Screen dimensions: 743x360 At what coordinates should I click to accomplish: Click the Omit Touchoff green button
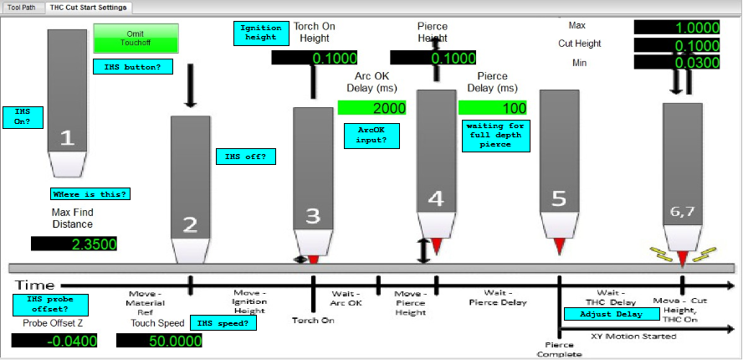click(136, 38)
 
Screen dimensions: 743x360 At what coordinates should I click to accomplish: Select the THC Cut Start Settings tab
click(88, 8)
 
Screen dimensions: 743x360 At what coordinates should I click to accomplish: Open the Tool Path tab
click(22, 8)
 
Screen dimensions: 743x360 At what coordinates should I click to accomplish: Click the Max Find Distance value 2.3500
click(74, 244)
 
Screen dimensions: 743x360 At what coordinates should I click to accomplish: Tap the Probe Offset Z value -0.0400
click(54, 341)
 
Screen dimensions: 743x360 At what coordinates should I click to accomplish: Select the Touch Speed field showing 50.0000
click(159, 341)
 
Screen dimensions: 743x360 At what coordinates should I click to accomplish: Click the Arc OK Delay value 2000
click(372, 108)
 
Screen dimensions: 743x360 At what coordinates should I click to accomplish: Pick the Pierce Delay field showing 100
click(493, 108)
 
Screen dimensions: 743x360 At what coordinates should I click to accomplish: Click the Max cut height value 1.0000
click(677, 27)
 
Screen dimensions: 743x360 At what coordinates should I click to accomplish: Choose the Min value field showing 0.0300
click(677, 62)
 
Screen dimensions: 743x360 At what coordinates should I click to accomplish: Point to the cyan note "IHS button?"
click(133, 67)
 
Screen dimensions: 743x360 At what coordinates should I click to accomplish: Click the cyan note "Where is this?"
click(90, 194)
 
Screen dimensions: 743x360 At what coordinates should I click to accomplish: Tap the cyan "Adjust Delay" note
click(612, 314)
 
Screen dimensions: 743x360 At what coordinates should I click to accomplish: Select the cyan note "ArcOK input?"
click(372, 136)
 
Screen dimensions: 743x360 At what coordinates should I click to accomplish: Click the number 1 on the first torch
click(67, 138)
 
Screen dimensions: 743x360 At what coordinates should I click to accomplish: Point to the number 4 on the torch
click(436, 198)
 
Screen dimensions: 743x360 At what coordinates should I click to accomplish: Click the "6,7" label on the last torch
click(683, 212)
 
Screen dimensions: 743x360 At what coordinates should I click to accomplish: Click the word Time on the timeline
click(35, 285)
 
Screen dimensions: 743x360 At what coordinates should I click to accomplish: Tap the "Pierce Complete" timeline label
click(559, 350)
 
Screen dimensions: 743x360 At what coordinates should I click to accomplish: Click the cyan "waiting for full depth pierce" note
click(496, 136)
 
